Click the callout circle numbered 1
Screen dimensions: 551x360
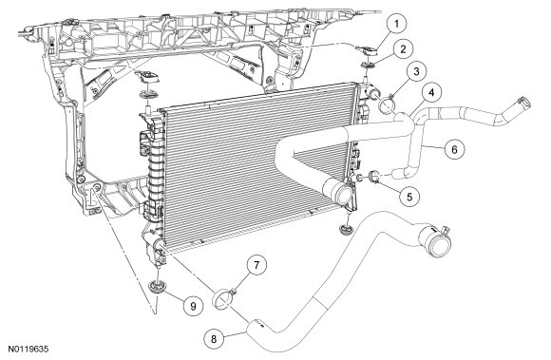397,25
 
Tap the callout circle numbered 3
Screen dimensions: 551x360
416,71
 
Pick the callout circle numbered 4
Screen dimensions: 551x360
431,93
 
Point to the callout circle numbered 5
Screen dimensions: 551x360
409,196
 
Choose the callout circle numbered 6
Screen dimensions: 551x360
454,149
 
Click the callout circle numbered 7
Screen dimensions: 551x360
256,265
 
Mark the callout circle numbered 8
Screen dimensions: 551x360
214,339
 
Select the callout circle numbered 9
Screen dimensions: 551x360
193,306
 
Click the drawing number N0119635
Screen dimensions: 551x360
28,350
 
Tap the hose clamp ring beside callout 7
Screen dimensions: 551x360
220,299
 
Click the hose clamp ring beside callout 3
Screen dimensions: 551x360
387,104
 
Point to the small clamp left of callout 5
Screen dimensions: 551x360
374,177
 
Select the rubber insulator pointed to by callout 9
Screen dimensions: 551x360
155,286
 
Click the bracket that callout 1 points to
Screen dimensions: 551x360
367,51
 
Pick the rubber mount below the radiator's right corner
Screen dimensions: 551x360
345,229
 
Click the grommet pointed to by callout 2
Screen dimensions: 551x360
368,66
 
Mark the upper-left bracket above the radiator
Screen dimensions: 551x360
148,76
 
